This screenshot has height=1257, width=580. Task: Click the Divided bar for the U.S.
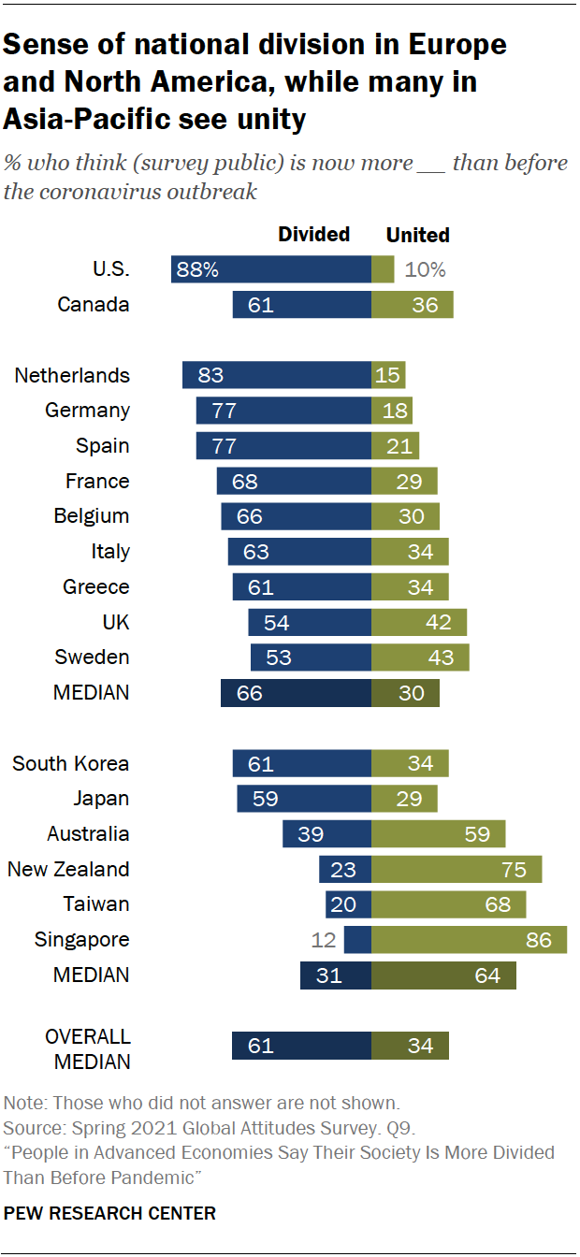(x=271, y=269)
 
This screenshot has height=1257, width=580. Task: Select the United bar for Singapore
(x=469, y=939)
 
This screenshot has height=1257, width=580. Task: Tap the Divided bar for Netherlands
(x=277, y=375)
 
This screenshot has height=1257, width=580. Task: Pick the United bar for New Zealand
(x=457, y=869)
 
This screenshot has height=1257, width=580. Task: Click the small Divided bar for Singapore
(x=357, y=939)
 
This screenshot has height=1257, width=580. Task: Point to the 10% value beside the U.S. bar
(x=426, y=269)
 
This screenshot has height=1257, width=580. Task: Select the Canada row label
(x=94, y=305)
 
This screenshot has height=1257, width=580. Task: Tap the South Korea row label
(x=71, y=763)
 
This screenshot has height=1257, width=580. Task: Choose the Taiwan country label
(x=96, y=904)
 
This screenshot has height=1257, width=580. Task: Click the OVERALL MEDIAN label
(x=88, y=1048)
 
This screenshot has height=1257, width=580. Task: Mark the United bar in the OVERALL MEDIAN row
(x=410, y=1046)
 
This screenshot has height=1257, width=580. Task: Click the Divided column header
(x=314, y=234)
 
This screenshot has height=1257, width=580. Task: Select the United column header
(x=418, y=235)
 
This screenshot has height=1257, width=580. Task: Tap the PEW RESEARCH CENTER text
(x=110, y=1213)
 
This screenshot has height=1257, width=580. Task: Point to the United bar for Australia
(x=438, y=833)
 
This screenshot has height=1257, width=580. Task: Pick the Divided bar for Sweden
(x=311, y=657)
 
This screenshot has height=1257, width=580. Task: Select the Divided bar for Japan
(x=304, y=799)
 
